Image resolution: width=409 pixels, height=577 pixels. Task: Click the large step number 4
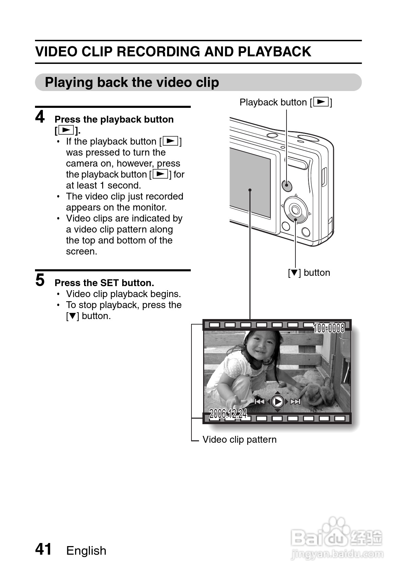pyautogui.click(x=40, y=117)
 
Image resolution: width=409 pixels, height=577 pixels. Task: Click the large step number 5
pyautogui.click(x=40, y=280)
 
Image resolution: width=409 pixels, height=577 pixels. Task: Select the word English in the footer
pyautogui.click(x=86, y=551)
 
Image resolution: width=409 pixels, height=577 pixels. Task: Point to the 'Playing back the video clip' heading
pyautogui.click(x=132, y=82)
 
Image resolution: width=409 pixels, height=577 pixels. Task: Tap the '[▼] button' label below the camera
pyautogui.click(x=309, y=273)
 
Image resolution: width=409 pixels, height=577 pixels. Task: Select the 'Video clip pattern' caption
pyautogui.click(x=239, y=440)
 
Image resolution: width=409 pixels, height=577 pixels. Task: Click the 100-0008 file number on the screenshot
pyautogui.click(x=329, y=328)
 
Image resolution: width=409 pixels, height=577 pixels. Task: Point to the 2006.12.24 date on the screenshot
pyautogui.click(x=228, y=414)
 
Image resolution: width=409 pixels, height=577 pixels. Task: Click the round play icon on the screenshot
pyautogui.click(x=277, y=401)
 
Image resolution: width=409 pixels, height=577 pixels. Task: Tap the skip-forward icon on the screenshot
pyautogui.click(x=295, y=401)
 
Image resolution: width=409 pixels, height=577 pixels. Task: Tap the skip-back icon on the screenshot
pyautogui.click(x=260, y=401)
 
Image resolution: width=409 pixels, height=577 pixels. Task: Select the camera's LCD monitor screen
pyautogui.click(x=249, y=182)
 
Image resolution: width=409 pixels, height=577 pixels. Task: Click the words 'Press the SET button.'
pyautogui.click(x=104, y=283)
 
